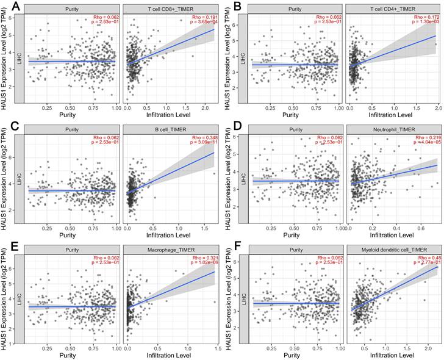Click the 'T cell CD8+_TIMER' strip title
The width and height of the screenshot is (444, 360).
pos(168,9)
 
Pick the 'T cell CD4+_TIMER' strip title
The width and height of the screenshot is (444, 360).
pos(391,9)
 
